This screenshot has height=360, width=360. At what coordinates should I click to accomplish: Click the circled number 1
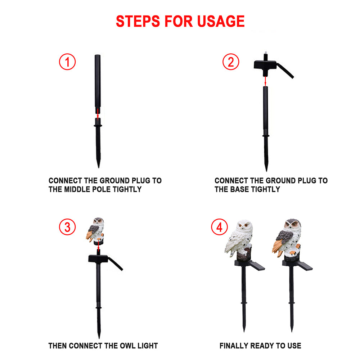click(67, 62)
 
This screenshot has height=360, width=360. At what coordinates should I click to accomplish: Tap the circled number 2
click(231, 62)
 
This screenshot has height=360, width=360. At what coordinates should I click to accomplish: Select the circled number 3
click(67, 227)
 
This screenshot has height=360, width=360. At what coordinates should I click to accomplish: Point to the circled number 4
click(220, 227)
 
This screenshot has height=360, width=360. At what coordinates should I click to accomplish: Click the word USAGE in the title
click(221, 21)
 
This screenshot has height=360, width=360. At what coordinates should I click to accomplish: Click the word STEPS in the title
click(138, 21)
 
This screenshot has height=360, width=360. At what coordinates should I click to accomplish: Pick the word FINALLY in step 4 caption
click(234, 346)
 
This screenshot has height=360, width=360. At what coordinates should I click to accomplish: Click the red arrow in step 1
click(98, 114)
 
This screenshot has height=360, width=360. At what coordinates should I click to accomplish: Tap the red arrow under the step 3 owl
click(98, 246)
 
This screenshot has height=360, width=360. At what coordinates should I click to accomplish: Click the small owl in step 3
click(95, 231)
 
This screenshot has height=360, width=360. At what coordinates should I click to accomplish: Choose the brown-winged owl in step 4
click(287, 239)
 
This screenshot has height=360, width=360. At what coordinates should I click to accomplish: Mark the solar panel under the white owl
click(256, 265)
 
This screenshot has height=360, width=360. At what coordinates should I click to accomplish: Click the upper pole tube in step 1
click(98, 84)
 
